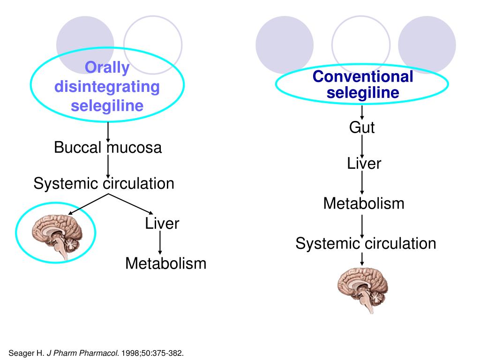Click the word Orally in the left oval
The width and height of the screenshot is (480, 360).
pyautogui.click(x=107, y=68)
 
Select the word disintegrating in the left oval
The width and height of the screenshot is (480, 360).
pyautogui.click(x=107, y=87)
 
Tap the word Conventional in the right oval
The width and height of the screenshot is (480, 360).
pyautogui.click(x=363, y=76)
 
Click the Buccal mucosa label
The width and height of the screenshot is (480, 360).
pyautogui.click(x=108, y=148)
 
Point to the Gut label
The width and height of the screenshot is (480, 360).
pyautogui.click(x=362, y=127)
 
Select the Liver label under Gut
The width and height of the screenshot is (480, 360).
pyautogui.click(x=364, y=164)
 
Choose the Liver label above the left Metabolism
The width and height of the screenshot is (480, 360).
pyautogui.click(x=162, y=224)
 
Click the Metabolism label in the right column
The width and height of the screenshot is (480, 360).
pyautogui.click(x=364, y=203)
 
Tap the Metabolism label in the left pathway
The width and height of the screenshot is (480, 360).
pyautogui.click(x=165, y=263)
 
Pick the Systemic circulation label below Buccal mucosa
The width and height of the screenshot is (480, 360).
pyautogui.click(x=104, y=183)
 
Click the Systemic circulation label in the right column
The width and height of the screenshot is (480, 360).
pyautogui.click(x=366, y=244)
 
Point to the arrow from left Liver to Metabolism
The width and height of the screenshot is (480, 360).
pyautogui.click(x=160, y=243)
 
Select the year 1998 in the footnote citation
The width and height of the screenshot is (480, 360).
pyautogui.click(x=128, y=352)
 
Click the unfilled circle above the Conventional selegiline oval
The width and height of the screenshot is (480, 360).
pyautogui.click(x=361, y=45)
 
